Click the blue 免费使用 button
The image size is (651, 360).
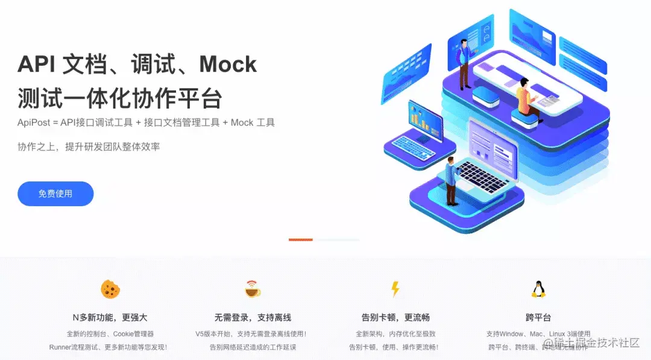click(55, 194)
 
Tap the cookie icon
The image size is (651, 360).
click(110, 289)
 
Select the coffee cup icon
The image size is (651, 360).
click(253, 289)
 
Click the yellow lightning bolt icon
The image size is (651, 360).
click(395, 289)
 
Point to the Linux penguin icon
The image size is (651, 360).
click(538, 289)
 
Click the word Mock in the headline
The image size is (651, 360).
click(228, 64)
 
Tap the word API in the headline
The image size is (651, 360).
click(36, 64)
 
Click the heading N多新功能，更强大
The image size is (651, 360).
click(110, 317)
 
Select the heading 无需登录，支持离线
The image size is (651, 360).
click(253, 317)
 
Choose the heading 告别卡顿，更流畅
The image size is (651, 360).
click(395, 317)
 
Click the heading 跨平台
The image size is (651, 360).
click(538, 317)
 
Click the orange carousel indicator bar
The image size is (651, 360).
click(300, 240)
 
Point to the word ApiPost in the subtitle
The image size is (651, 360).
click(33, 122)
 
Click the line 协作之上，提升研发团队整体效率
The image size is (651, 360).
click(89, 147)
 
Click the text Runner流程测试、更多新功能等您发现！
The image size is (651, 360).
click(108, 347)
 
